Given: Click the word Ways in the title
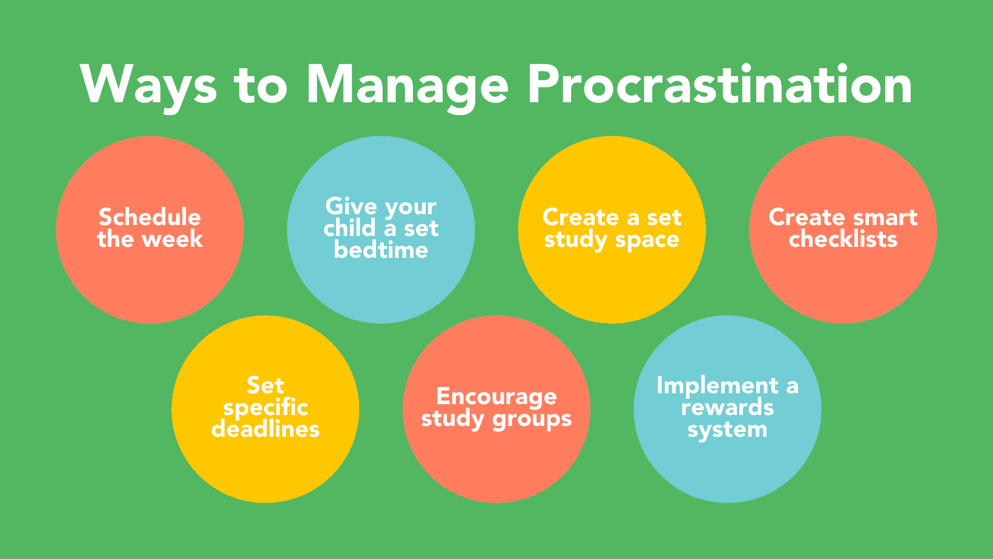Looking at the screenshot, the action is (148, 87).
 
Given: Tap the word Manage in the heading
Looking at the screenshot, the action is (407, 87).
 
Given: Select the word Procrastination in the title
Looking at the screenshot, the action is (719, 84).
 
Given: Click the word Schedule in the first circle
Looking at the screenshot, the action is (150, 217).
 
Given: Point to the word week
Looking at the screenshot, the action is (173, 239).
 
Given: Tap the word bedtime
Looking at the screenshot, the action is (381, 250).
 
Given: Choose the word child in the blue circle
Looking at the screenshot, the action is (350, 228).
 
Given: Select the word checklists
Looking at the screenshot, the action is (843, 239).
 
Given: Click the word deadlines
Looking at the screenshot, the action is (266, 429).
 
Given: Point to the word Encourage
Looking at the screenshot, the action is (496, 397).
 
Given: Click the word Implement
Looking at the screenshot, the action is (718, 386).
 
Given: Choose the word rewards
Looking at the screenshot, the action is (727, 408).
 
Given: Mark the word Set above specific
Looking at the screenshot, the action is (265, 385).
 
